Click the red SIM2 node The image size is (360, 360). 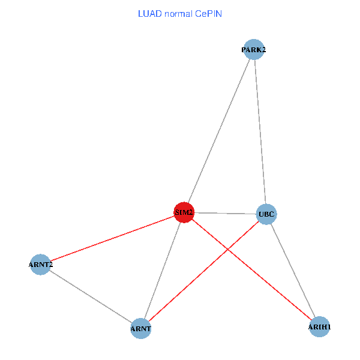coord(184,212)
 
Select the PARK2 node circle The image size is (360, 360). coord(253,50)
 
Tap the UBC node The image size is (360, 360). coord(266,214)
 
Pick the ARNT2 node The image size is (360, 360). coord(41,265)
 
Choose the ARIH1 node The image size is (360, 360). coord(319,327)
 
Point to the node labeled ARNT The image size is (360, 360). coord(140,329)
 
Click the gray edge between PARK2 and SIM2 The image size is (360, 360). coord(219,131)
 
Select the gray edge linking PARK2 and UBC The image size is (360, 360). coord(259,132)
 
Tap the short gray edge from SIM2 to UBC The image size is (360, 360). coord(225,213)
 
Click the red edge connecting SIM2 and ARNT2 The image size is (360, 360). coord(113,239)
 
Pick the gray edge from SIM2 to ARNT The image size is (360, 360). coord(162,271)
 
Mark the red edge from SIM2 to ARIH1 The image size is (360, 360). coord(252,270)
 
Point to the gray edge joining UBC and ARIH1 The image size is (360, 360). coord(292,271)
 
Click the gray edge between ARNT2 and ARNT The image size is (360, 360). coord(91,296)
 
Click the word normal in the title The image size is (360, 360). coord(177,13)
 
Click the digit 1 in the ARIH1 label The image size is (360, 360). coord(329,327)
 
